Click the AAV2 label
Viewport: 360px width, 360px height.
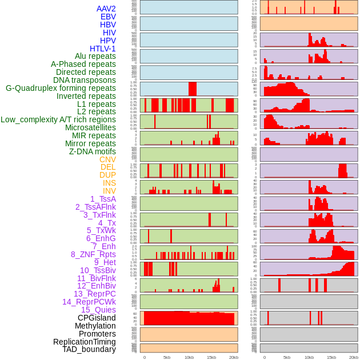(106, 9)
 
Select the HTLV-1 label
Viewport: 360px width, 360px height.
(102, 49)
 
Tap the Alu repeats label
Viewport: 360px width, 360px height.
(95, 56)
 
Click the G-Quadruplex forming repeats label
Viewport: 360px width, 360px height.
(61, 88)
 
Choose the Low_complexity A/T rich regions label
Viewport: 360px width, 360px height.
(58, 119)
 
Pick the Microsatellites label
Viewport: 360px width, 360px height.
(90, 127)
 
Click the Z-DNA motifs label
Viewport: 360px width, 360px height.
(92, 151)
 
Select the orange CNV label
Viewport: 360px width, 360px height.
(107, 159)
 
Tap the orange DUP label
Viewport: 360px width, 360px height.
(107, 175)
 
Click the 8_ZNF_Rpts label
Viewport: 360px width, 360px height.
(93, 254)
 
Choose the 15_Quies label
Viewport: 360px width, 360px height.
(98, 310)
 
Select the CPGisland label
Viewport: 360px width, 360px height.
(97, 318)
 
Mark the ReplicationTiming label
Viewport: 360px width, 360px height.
(84, 342)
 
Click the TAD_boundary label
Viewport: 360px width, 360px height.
(89, 349)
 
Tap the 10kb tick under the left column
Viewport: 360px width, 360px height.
(189, 357)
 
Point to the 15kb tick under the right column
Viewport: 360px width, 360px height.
(331, 357)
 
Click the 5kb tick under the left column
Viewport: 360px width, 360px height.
(167, 357)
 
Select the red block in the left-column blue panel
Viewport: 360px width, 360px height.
(193, 89)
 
